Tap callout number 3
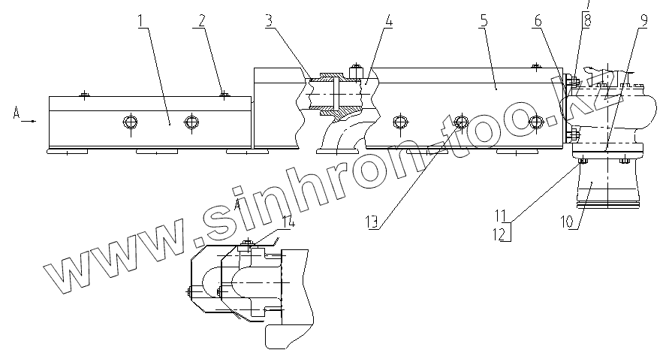pyautogui.click(x=270, y=20)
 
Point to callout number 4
pyautogui.click(x=387, y=20)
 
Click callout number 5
pyautogui.click(x=484, y=20)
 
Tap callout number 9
pyautogui.click(x=643, y=20)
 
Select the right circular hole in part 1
pyautogui.click(x=193, y=122)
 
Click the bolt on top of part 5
pyautogui.click(x=534, y=67)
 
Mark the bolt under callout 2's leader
pyautogui.click(x=224, y=94)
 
